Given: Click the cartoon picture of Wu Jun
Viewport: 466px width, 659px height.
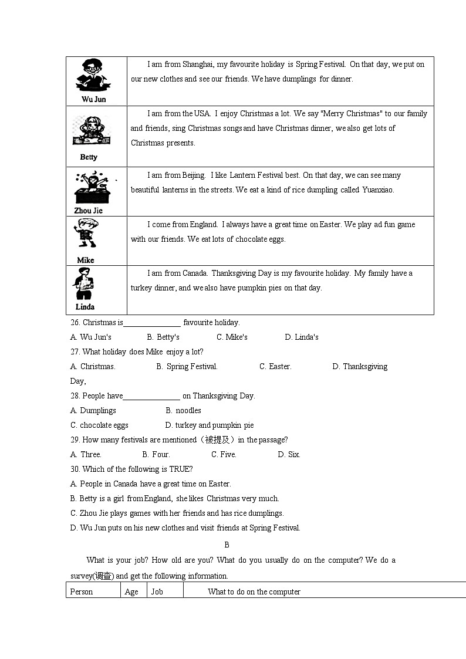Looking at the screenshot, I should [93, 75].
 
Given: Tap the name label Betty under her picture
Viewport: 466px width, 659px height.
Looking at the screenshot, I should [89, 157].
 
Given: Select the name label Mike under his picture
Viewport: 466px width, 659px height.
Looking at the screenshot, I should [86, 260].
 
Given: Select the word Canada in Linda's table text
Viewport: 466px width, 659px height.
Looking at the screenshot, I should [195, 273].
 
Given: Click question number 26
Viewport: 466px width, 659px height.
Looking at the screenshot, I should [75, 323].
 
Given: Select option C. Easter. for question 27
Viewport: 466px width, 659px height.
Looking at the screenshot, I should [275, 367].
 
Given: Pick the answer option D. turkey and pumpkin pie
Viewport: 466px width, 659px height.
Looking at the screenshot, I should [210, 425].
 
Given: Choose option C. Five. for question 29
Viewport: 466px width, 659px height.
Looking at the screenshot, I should [224, 455].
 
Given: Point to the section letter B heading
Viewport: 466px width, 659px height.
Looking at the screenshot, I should [227, 545].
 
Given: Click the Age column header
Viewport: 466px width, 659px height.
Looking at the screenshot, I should [131, 592].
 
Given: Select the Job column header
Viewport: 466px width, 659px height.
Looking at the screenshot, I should [157, 592].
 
